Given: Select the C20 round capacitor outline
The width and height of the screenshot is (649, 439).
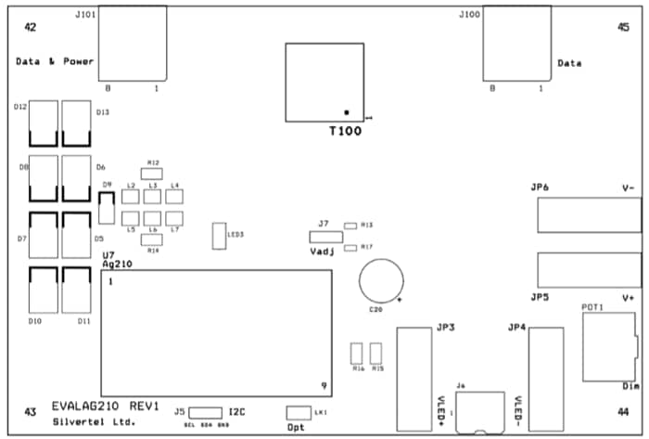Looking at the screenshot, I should pos(382,280).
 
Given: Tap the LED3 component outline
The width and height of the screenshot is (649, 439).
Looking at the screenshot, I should pos(220,236).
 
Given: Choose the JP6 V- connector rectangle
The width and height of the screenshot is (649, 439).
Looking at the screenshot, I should pos(587,216).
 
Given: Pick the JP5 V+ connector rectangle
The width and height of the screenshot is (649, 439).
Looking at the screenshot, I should pos(587,271).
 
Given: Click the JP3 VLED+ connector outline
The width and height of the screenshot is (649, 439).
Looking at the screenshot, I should pos(414,379).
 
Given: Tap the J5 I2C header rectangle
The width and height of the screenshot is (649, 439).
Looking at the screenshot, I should pos(209,412).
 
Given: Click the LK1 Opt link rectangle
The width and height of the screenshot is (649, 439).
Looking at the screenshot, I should pos(298,412).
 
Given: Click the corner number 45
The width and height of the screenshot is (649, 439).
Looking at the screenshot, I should pos(623,28).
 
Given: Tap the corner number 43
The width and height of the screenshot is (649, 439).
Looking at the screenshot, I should pos(31,411).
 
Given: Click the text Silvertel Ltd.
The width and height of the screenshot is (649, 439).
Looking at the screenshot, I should pos(94,423).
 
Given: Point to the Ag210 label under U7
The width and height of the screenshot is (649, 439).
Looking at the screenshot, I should pos(118,264).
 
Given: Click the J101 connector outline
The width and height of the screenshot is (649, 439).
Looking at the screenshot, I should pos(132,43).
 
